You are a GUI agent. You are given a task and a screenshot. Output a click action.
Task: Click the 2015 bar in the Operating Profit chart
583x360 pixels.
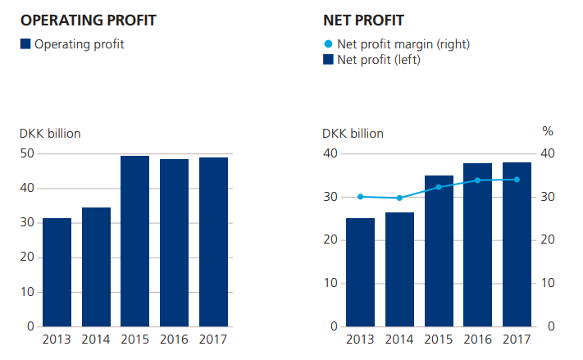coord(135,241)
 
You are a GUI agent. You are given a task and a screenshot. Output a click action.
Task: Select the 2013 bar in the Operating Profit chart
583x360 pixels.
coord(57,272)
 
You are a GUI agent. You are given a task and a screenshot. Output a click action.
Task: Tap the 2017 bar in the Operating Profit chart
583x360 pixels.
coord(213,242)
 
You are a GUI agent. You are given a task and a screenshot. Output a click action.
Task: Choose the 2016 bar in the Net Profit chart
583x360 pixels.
coord(477,244)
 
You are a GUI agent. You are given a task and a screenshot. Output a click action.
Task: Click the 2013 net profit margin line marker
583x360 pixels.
coord(360,197)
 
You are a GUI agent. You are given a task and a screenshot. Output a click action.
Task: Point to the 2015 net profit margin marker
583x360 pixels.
coord(438,187)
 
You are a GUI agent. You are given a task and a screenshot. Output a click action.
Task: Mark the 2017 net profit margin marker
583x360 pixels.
coord(517,180)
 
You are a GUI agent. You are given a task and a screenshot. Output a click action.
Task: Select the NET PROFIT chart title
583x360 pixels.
coord(364,19)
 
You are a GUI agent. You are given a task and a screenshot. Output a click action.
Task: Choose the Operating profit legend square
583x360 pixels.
coord(25,44)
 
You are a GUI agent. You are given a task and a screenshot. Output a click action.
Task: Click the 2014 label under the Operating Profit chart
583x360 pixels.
coord(96,339)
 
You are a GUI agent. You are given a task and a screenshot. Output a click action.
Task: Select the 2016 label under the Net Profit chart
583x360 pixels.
coord(477,339)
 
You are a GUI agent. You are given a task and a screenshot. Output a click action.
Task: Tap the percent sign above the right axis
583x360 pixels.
coord(548,132)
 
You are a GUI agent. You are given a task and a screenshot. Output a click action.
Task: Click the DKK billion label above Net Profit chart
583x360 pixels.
coord(353,134)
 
